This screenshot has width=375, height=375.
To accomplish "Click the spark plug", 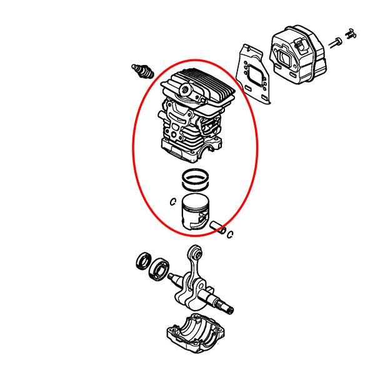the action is point(142,71).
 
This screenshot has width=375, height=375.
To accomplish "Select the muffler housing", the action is point(298,54).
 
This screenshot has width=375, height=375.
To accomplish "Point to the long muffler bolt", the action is point(335,42).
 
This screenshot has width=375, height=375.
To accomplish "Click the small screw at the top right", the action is point(351,33).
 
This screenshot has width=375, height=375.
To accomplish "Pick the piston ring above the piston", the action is point(196,179).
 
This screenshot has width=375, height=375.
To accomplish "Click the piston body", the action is point(196,212).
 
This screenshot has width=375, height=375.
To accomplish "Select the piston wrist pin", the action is point(217,227).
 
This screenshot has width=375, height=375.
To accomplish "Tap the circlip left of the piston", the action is point(173,202).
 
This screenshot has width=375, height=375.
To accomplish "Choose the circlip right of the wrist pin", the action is point(230,234).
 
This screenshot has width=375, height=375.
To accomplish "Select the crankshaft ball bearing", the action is point(159,268).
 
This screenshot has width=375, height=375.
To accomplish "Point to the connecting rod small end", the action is point(195,252).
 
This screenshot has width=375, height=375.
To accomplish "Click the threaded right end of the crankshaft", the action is point(226,307).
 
